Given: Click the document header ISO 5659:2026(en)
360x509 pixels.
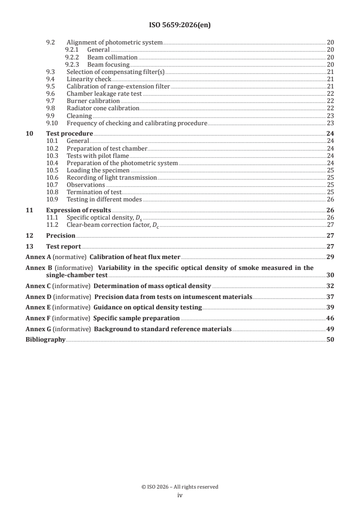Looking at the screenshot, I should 180,25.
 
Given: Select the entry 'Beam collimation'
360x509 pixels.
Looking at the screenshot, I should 112,57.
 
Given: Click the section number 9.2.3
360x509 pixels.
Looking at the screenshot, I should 72,64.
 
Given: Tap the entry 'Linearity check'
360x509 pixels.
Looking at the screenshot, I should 89,79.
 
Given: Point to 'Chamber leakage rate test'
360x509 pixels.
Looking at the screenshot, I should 104,93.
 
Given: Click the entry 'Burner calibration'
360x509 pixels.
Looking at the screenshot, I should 93,101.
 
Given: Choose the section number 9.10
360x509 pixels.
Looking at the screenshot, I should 53,123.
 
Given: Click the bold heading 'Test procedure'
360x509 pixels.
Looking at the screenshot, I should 69,133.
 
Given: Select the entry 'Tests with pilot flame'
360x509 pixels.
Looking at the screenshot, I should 98,156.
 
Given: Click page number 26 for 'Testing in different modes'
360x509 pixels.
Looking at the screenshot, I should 330,199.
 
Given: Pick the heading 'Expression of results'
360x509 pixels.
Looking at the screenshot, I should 79,210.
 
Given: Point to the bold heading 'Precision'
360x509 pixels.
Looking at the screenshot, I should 61,235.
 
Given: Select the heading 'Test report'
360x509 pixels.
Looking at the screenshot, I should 64,246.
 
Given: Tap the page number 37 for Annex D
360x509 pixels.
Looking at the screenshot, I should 330,297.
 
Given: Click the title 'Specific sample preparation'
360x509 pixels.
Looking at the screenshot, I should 137,318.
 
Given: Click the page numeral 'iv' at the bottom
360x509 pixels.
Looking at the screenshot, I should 180,495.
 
